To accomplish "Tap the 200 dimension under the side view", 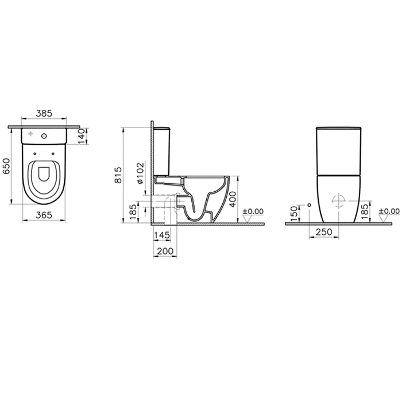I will coord(165,251).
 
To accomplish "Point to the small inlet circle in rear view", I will coord(309,204).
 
